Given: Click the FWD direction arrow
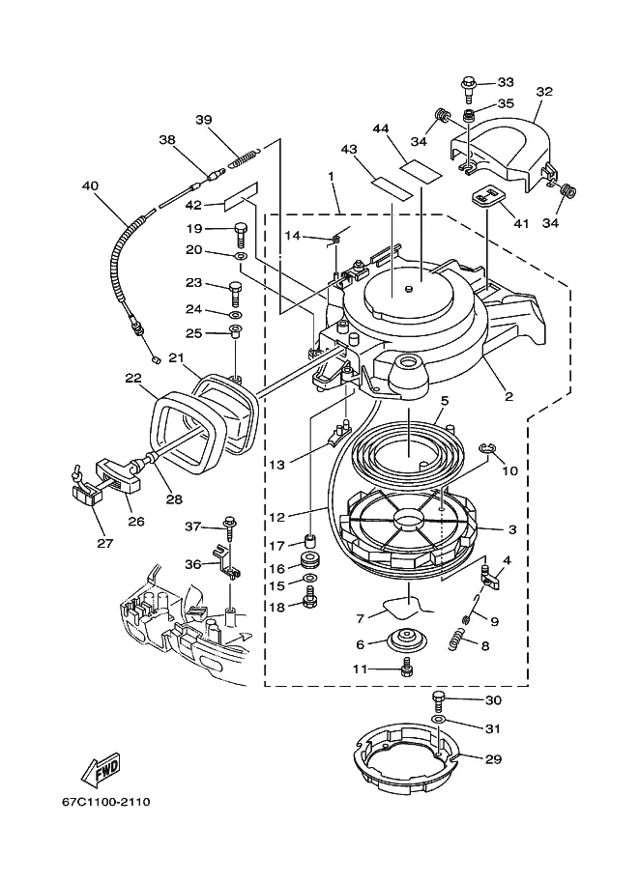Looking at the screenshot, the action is coord(101,769).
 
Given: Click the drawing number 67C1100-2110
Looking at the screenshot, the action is coord(106,802).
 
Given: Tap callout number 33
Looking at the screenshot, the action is coord(506,82).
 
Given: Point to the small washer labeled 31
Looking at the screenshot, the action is coord(439,720).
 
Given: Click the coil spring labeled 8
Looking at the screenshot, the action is coord(458,640).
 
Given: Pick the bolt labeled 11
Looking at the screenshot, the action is coord(406,669).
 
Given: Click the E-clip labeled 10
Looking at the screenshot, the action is coord(487,447).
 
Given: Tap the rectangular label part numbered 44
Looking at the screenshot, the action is coord(422,170).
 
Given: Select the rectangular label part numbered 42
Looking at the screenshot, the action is coord(242,196).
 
